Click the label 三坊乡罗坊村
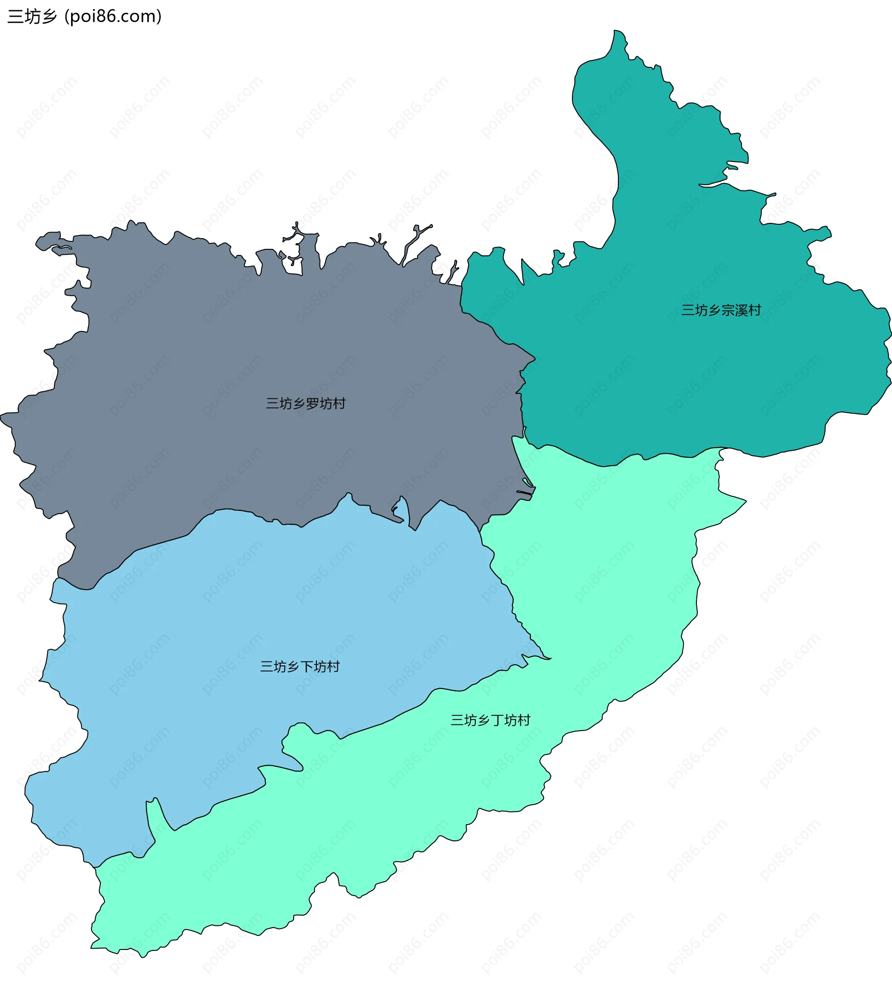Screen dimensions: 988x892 click(305, 403)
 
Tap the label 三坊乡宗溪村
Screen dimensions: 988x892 click(721, 311)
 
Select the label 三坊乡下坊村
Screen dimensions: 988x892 click(300, 667)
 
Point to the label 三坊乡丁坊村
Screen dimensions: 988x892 click(490, 720)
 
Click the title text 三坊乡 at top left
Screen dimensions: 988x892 click(33, 17)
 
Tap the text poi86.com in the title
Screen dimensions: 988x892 click(113, 17)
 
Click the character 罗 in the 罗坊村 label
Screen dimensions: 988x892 click(312, 403)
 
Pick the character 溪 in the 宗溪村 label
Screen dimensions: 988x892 click(741, 311)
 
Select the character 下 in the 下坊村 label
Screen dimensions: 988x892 click(306, 667)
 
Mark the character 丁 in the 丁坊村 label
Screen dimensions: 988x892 click(497, 720)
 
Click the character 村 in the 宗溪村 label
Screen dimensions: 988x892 click(755, 311)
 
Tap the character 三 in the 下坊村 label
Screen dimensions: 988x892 click(266, 667)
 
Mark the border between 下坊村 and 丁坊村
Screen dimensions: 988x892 click(392, 718)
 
